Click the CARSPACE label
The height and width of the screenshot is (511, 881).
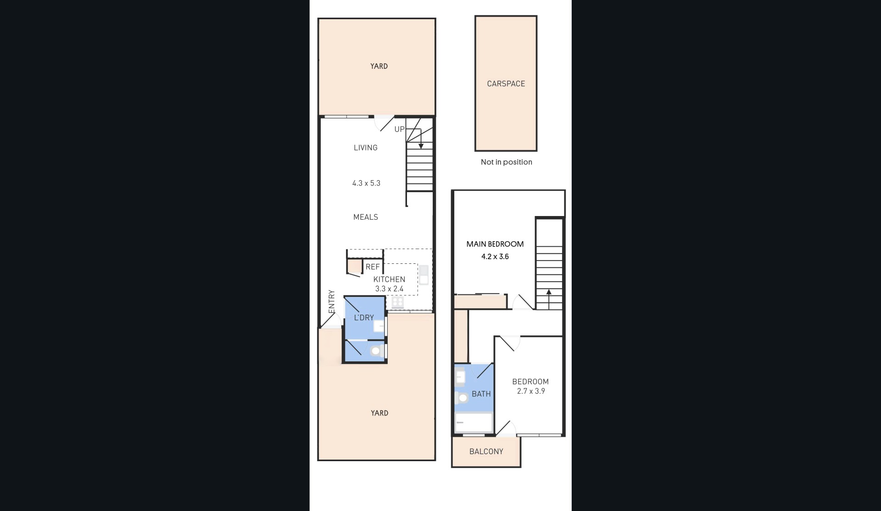(506, 83)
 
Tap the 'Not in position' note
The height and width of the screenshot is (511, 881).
(506, 162)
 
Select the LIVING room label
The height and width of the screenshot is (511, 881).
(365, 148)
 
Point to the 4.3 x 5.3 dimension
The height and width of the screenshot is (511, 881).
(366, 183)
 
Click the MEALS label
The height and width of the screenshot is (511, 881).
(365, 217)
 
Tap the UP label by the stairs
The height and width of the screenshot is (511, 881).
(399, 129)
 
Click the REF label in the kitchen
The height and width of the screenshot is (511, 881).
(373, 267)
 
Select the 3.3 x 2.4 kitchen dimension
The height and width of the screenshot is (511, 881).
(389, 289)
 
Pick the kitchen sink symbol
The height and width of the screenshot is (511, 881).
(424, 275)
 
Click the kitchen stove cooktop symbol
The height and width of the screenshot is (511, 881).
(397, 302)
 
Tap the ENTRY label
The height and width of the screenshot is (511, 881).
(332, 302)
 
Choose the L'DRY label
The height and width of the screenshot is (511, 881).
(363, 317)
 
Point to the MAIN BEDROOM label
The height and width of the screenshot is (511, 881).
(495, 244)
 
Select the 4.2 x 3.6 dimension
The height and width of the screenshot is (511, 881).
(495, 256)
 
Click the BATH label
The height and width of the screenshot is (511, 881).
(481, 394)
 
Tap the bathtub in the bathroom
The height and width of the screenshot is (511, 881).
(474, 422)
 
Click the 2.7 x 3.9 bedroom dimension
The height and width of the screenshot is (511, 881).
(531, 391)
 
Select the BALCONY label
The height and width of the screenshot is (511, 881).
(486, 451)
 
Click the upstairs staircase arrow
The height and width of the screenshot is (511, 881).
(549, 299)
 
